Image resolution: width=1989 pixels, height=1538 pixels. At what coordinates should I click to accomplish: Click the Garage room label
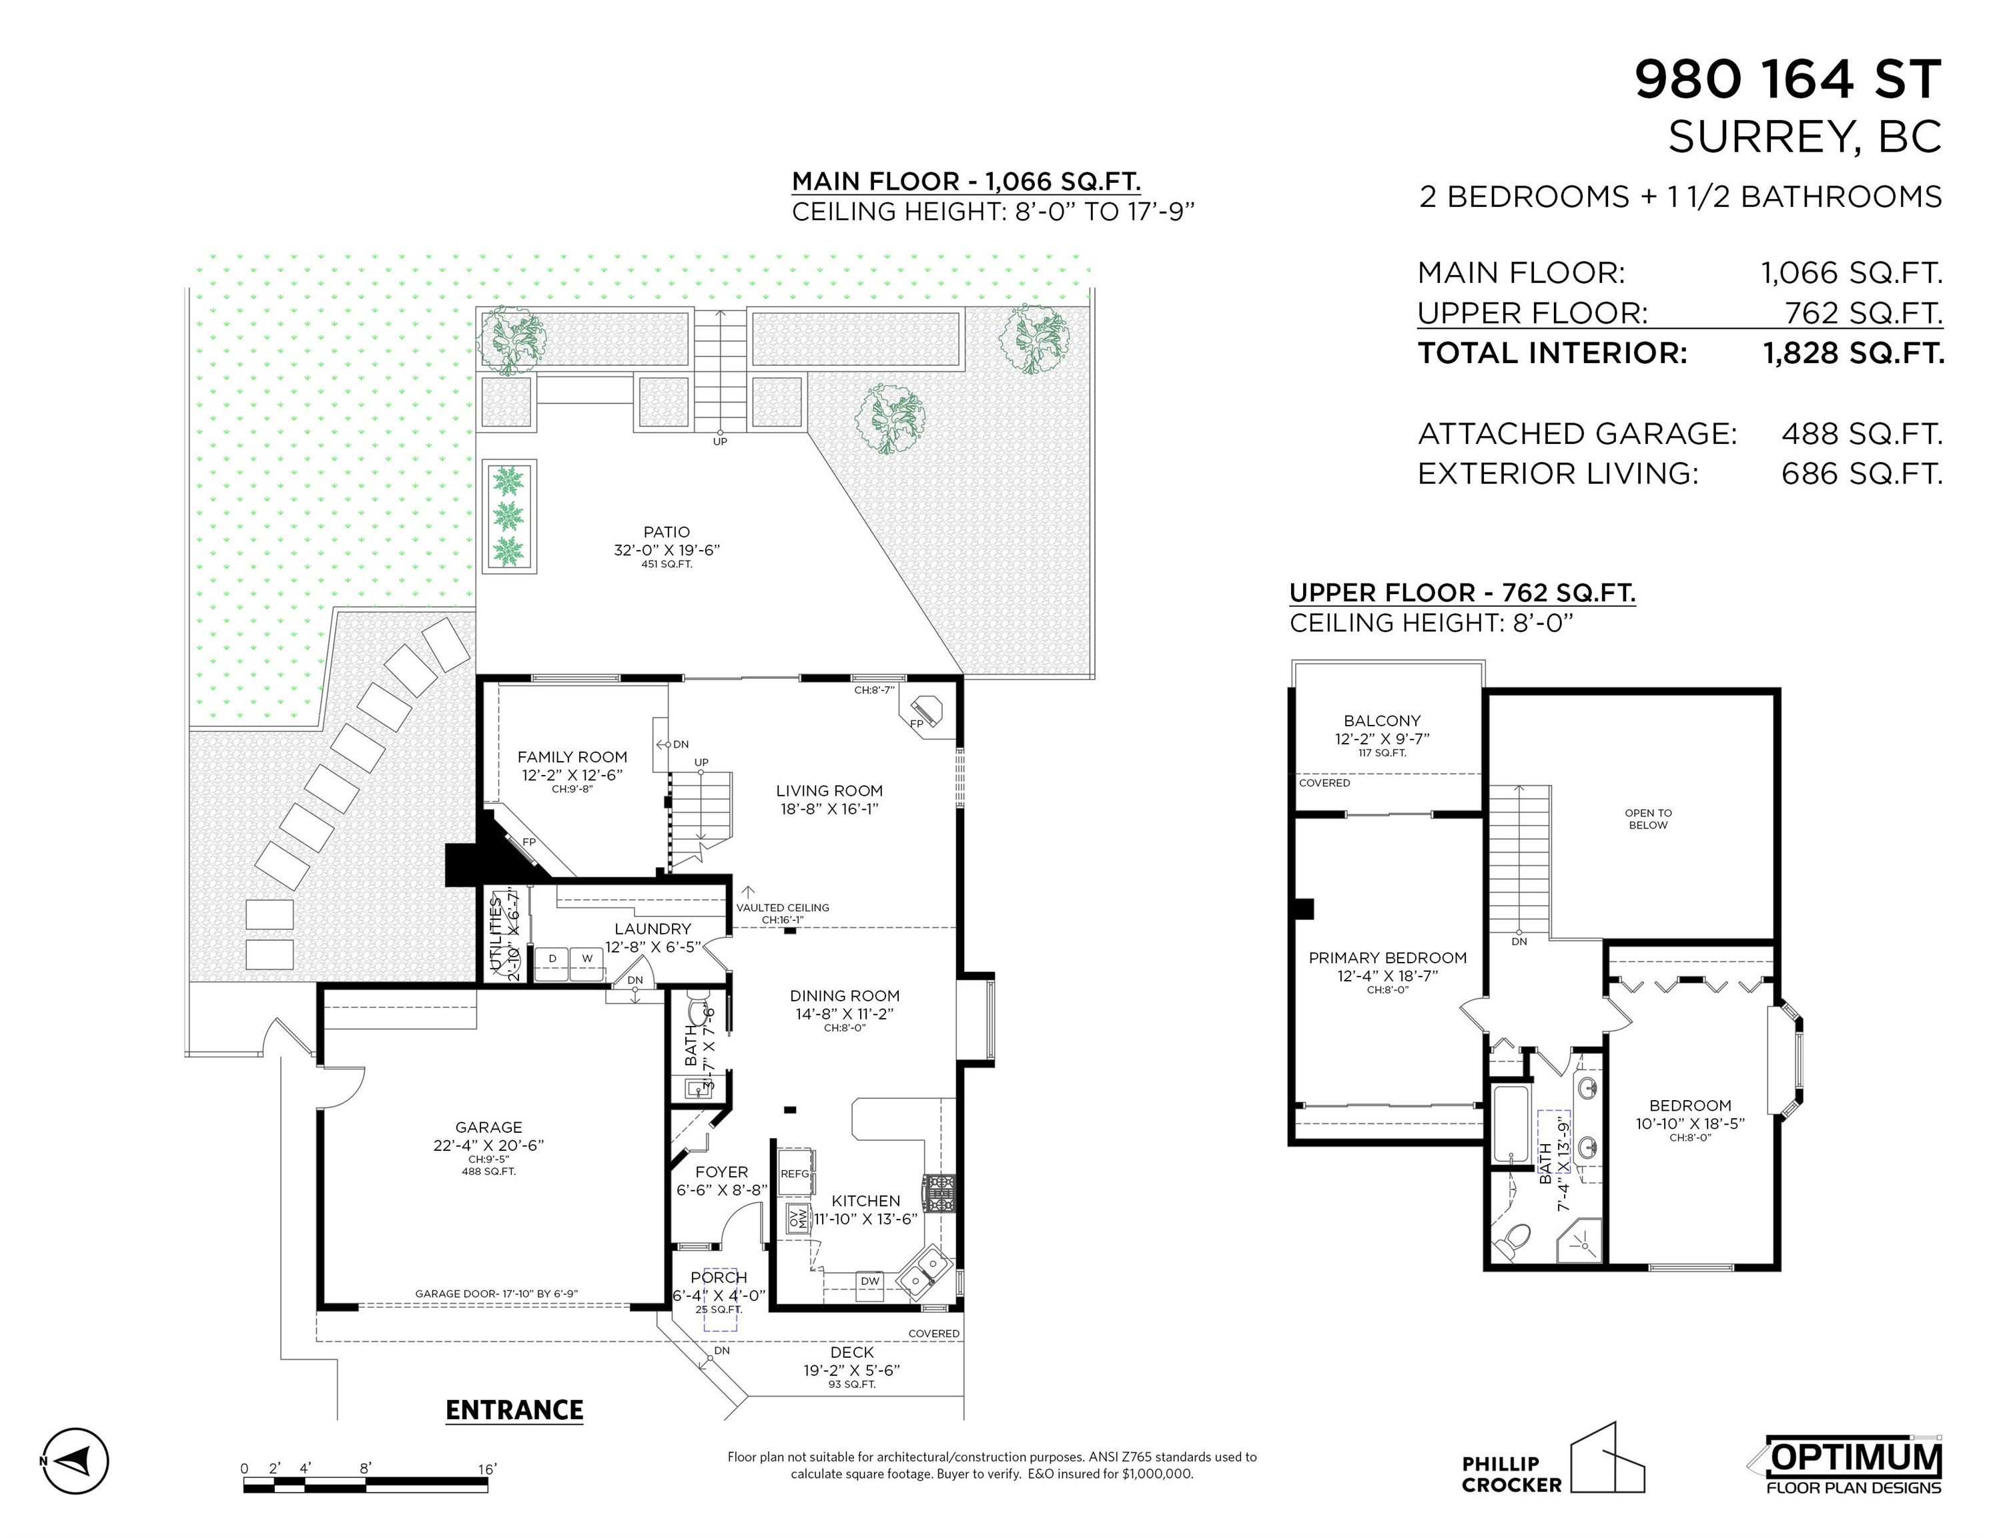pos(489,1127)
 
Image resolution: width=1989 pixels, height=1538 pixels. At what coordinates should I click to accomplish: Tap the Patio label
pos(667,532)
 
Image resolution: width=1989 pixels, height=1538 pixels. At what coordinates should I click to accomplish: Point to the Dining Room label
pos(844,996)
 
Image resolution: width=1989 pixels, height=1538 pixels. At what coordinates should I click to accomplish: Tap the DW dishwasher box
pos(870,1281)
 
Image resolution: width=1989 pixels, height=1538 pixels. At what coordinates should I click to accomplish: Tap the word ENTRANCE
pos(514,1411)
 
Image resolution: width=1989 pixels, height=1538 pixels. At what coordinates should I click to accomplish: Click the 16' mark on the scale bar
pos(487,1469)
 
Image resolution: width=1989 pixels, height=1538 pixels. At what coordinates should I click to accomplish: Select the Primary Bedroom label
pos(1387,958)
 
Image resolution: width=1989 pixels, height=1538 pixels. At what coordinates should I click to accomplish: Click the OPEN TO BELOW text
pos(1649,819)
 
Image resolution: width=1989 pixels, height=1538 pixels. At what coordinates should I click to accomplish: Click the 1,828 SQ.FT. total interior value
pos(1854,352)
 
